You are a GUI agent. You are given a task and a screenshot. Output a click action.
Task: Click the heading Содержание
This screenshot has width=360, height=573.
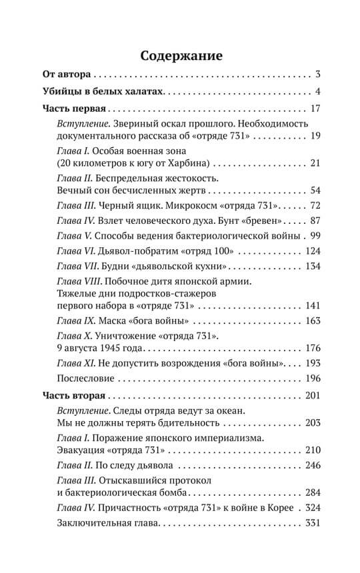coord(180,55)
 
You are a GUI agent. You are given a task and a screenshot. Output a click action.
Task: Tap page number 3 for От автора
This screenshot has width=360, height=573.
coord(319,73)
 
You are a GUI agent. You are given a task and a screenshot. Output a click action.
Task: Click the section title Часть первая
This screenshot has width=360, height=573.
coord(74,109)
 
